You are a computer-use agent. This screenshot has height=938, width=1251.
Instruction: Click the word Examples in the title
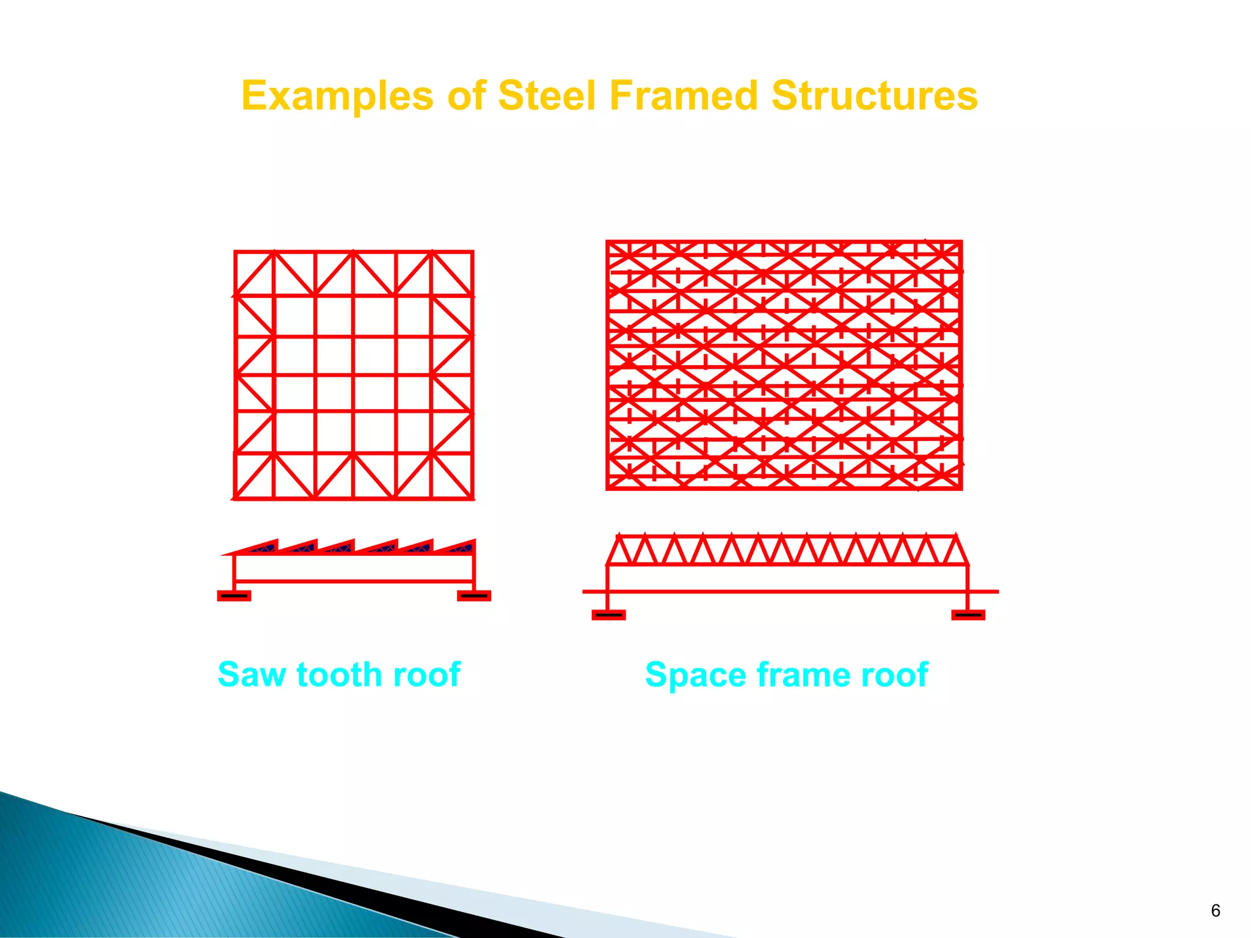point(337,96)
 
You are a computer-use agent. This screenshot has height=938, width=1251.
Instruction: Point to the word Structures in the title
point(874,96)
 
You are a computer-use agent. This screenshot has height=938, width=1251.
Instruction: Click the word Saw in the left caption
point(252,675)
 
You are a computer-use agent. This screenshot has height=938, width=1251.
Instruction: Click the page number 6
point(1215,911)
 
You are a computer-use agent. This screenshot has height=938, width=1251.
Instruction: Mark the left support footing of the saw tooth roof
point(234,595)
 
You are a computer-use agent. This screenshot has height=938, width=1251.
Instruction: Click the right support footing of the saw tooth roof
point(474,595)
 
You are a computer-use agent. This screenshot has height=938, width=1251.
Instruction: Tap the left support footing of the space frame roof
point(608,614)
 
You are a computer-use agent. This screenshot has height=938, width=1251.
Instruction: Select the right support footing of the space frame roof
point(968,614)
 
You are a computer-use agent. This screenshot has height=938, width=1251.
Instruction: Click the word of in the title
point(467,96)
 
